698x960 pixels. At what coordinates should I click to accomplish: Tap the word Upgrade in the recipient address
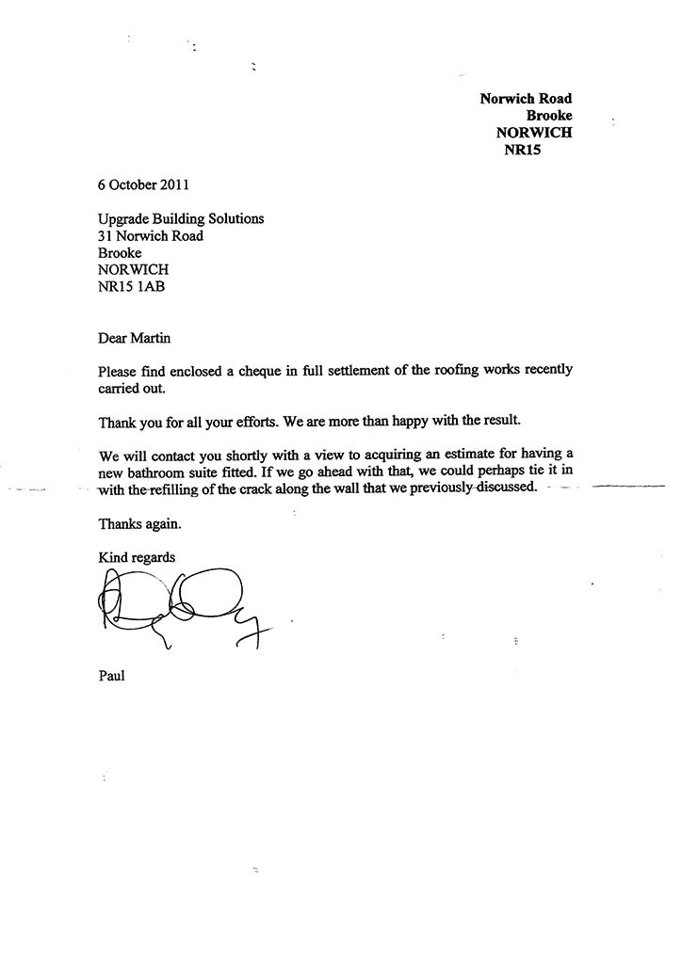click(126, 219)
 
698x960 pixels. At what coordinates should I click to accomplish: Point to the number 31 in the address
click(106, 236)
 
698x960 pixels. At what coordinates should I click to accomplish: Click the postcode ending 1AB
click(151, 287)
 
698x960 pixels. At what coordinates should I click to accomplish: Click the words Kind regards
click(137, 557)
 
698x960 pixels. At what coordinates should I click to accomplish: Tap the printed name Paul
click(112, 675)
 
